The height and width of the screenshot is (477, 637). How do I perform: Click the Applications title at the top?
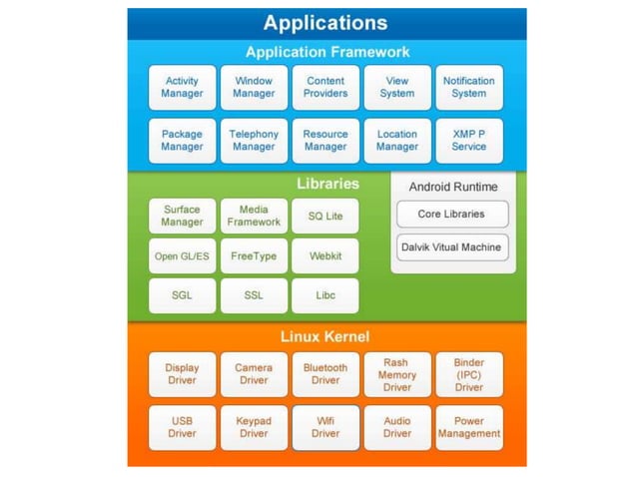(x=326, y=23)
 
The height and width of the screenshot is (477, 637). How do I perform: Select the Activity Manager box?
(x=182, y=88)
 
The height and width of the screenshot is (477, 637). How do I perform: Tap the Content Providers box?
(x=325, y=88)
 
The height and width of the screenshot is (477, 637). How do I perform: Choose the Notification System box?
(x=468, y=88)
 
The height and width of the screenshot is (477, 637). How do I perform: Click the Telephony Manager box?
(x=254, y=141)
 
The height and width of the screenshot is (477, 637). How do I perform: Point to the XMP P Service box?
(x=468, y=141)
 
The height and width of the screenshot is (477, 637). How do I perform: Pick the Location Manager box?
(x=397, y=141)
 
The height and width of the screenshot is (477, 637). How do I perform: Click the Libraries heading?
(x=327, y=184)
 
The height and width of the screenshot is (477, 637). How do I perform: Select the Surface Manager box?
(x=182, y=217)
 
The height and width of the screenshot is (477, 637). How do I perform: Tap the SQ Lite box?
(x=325, y=217)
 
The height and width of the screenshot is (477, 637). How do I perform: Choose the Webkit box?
(x=325, y=256)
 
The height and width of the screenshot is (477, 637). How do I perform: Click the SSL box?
(x=254, y=296)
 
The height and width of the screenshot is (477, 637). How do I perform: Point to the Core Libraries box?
(x=451, y=214)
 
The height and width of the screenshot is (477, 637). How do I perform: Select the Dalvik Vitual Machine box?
(x=451, y=246)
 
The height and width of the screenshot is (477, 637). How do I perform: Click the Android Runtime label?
(x=451, y=186)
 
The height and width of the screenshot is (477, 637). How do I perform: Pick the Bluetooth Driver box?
(x=325, y=374)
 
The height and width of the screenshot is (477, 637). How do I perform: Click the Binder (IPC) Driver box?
(x=468, y=374)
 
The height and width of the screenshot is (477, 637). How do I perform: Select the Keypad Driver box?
(x=254, y=428)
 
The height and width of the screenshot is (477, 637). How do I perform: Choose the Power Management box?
(x=468, y=428)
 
